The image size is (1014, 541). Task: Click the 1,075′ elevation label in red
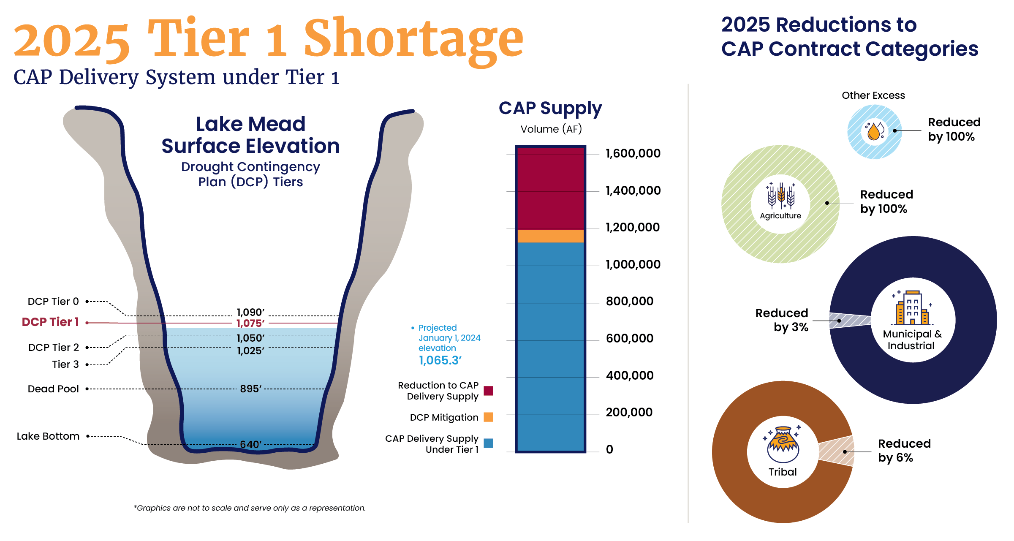click(x=250, y=324)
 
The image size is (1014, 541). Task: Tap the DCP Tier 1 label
click(x=50, y=322)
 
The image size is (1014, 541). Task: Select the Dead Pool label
click(x=53, y=389)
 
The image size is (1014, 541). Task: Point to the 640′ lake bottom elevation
click(x=250, y=445)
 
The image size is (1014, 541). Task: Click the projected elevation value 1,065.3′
click(x=440, y=361)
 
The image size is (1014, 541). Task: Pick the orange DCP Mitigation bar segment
click(x=550, y=236)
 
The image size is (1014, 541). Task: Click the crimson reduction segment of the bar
click(x=550, y=188)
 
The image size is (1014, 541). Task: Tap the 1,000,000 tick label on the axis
click(x=633, y=265)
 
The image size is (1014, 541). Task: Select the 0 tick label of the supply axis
click(x=609, y=450)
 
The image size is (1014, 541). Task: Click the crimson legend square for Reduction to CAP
click(x=488, y=391)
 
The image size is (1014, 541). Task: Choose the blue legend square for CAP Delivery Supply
click(x=488, y=443)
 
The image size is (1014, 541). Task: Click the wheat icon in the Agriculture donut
click(x=781, y=196)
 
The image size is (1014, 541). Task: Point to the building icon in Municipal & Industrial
click(x=912, y=308)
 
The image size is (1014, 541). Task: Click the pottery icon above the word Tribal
click(x=783, y=445)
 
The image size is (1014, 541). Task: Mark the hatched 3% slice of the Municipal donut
click(x=849, y=321)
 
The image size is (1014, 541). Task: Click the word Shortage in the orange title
click(x=413, y=39)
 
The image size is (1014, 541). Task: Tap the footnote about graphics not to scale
click(x=250, y=508)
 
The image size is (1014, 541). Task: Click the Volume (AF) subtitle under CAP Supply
click(x=551, y=129)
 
